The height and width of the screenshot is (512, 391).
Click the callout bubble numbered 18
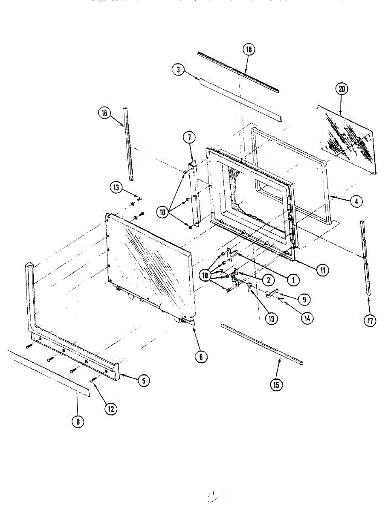click(248, 49)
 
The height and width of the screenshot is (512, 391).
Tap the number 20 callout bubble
click(342, 89)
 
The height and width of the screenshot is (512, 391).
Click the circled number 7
click(189, 137)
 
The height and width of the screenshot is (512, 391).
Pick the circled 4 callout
click(356, 201)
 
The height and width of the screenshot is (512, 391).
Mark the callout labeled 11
click(322, 269)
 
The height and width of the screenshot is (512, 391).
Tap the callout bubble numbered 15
click(276, 384)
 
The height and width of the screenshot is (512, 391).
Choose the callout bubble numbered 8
click(77, 422)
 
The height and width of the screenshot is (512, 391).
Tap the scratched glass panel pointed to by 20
click(348, 139)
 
